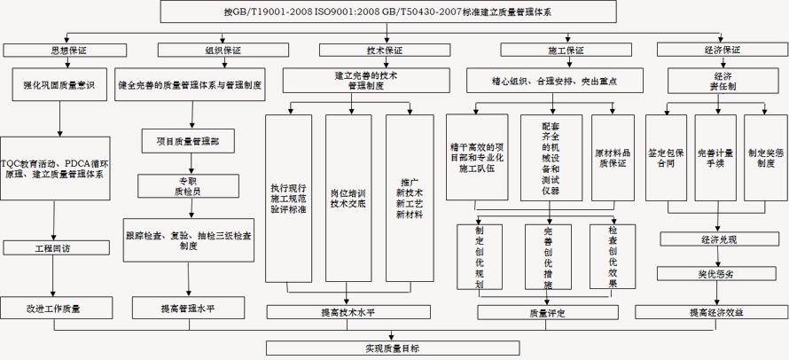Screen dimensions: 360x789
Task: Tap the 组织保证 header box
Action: coord(200,50)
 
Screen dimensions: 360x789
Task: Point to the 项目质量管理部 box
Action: coord(187,141)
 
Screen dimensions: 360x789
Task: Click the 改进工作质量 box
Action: coord(56,307)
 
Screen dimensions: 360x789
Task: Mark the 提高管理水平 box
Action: coord(187,307)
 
